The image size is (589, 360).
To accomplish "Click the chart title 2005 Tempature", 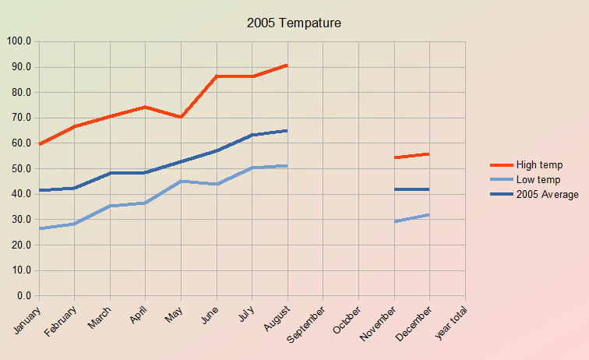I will coord(294,23).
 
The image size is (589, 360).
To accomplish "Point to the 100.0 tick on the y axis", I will coord(18,41).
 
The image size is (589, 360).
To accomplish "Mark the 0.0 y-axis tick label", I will coord(23,296).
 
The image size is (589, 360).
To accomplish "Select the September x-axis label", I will coord(306,326).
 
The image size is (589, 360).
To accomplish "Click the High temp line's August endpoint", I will coord(287,65).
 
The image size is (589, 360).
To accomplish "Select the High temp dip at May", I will coord(181,117).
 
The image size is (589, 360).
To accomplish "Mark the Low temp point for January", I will coord(39,229).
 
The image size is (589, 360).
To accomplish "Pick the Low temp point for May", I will coord(181,182).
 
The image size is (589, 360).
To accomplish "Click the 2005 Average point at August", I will coord(287,131).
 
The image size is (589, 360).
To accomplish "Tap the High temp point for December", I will coord(429,154).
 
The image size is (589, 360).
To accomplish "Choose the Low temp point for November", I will coord(394,222).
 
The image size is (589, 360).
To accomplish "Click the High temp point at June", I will coord(217,76).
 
